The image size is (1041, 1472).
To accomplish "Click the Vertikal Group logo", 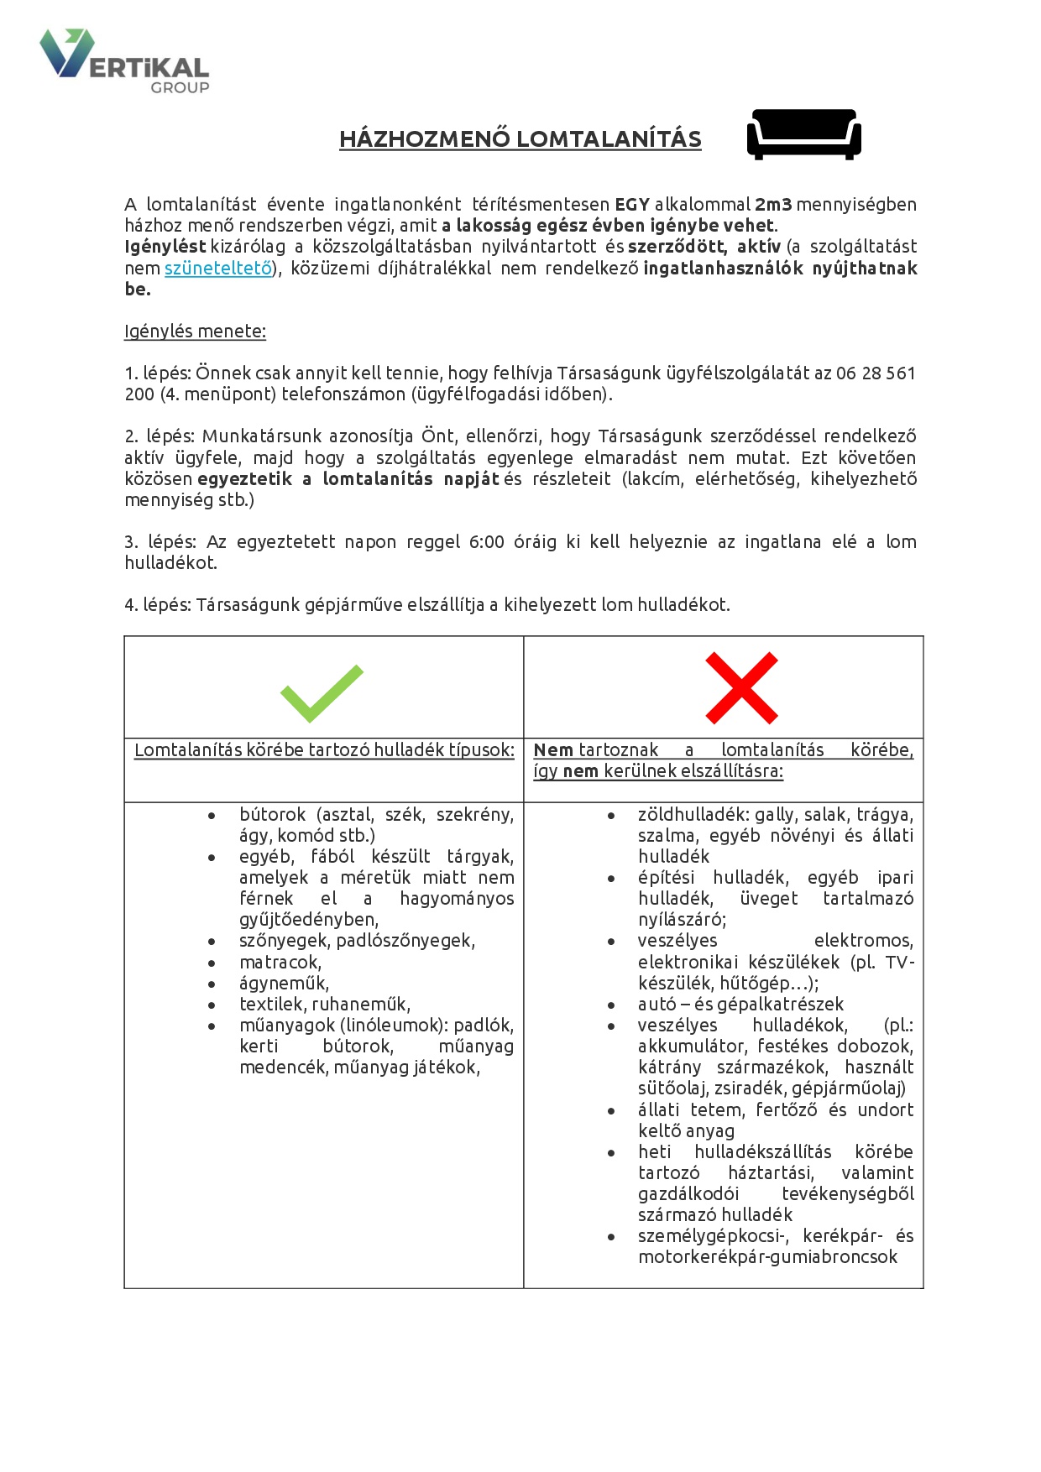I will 123,60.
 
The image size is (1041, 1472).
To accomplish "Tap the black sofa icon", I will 803,133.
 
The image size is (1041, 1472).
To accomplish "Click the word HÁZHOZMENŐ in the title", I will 424,139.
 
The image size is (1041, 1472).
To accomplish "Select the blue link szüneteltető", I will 218,269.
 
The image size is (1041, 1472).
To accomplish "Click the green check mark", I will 322,693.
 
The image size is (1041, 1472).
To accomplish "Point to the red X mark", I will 741,688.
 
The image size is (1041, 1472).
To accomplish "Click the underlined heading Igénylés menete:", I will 195,331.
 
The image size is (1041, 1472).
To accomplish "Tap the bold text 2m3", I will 772,205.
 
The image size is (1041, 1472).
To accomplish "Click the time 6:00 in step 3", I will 486,542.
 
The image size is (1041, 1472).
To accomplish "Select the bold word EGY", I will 632,205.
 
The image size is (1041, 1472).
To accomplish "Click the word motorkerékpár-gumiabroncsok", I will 767,1257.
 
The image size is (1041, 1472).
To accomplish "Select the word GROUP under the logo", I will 180,87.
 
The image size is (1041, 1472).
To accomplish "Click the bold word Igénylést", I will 165,247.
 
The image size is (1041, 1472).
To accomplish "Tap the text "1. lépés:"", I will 157,373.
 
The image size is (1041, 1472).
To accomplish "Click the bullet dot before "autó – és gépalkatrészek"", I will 611,1005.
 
